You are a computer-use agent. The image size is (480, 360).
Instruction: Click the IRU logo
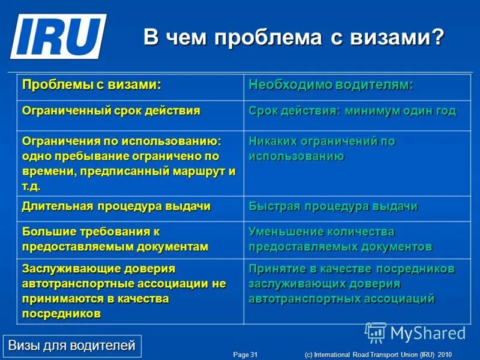[x=58, y=36]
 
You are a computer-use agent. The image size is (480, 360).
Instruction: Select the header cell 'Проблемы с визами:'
[x=92, y=85]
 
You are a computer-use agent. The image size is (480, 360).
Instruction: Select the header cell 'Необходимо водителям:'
[x=331, y=85]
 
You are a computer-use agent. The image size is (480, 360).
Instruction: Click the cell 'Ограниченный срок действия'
[x=111, y=111]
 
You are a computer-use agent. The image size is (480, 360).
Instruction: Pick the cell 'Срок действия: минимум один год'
[x=352, y=111]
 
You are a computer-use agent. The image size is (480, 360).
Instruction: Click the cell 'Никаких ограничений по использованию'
[x=322, y=149]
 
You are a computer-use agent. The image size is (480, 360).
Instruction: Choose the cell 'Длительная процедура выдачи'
[x=116, y=206]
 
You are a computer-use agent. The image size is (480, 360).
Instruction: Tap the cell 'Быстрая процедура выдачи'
[x=333, y=206]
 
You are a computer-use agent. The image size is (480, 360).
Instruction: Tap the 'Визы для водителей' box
[x=71, y=346]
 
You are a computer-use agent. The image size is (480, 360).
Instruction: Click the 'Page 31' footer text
[x=245, y=355]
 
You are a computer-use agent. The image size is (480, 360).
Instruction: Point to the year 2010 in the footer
[x=444, y=355]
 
